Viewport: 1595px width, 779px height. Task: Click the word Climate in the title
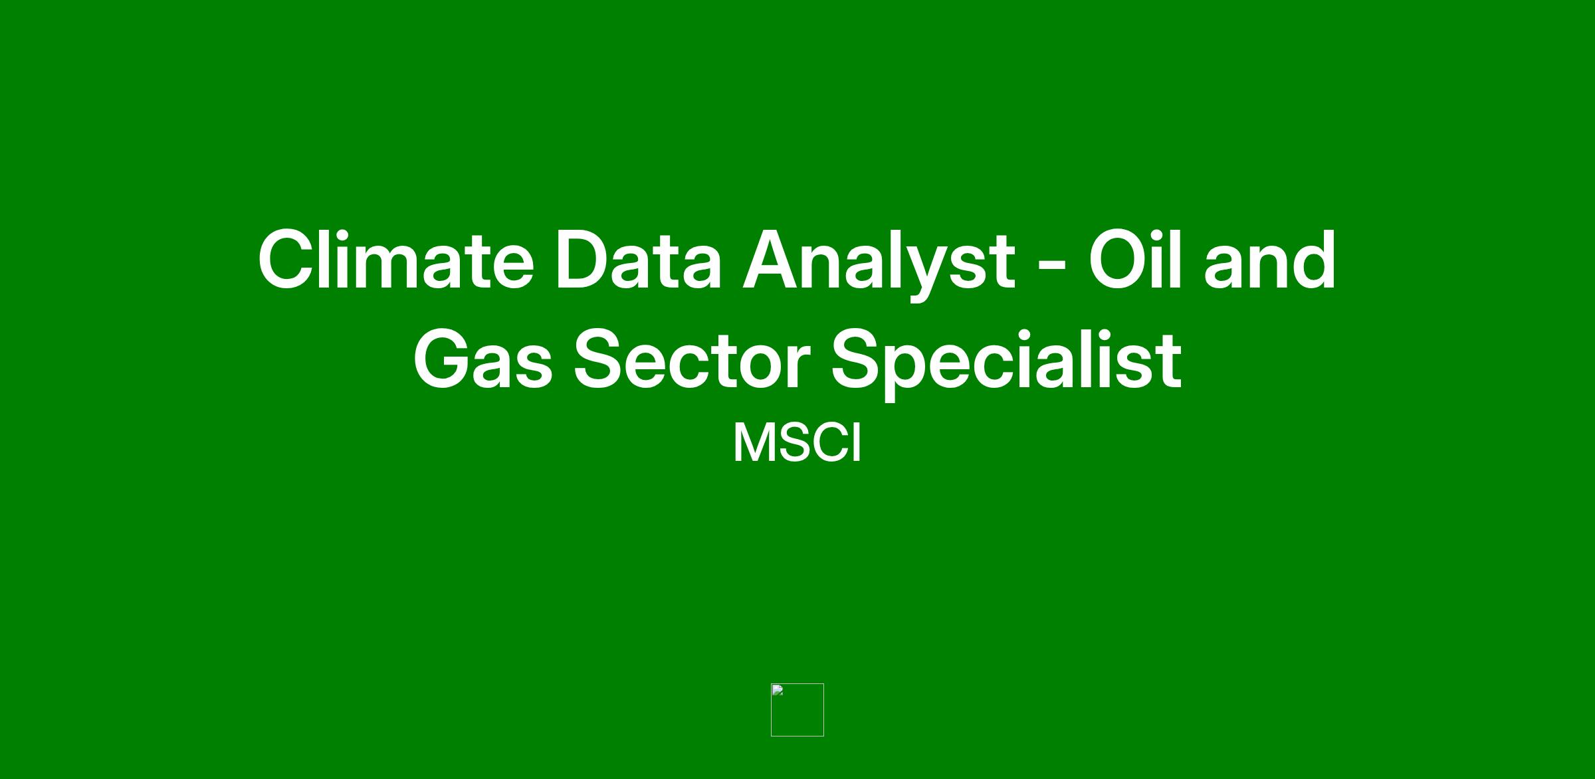point(396,260)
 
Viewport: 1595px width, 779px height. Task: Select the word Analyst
point(879,264)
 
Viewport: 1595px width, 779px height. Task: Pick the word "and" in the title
point(1270,260)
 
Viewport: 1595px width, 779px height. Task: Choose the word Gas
point(483,359)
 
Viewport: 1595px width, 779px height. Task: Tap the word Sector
point(692,359)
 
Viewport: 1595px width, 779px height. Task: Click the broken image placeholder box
point(797,709)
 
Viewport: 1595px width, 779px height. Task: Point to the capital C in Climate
point(287,260)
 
